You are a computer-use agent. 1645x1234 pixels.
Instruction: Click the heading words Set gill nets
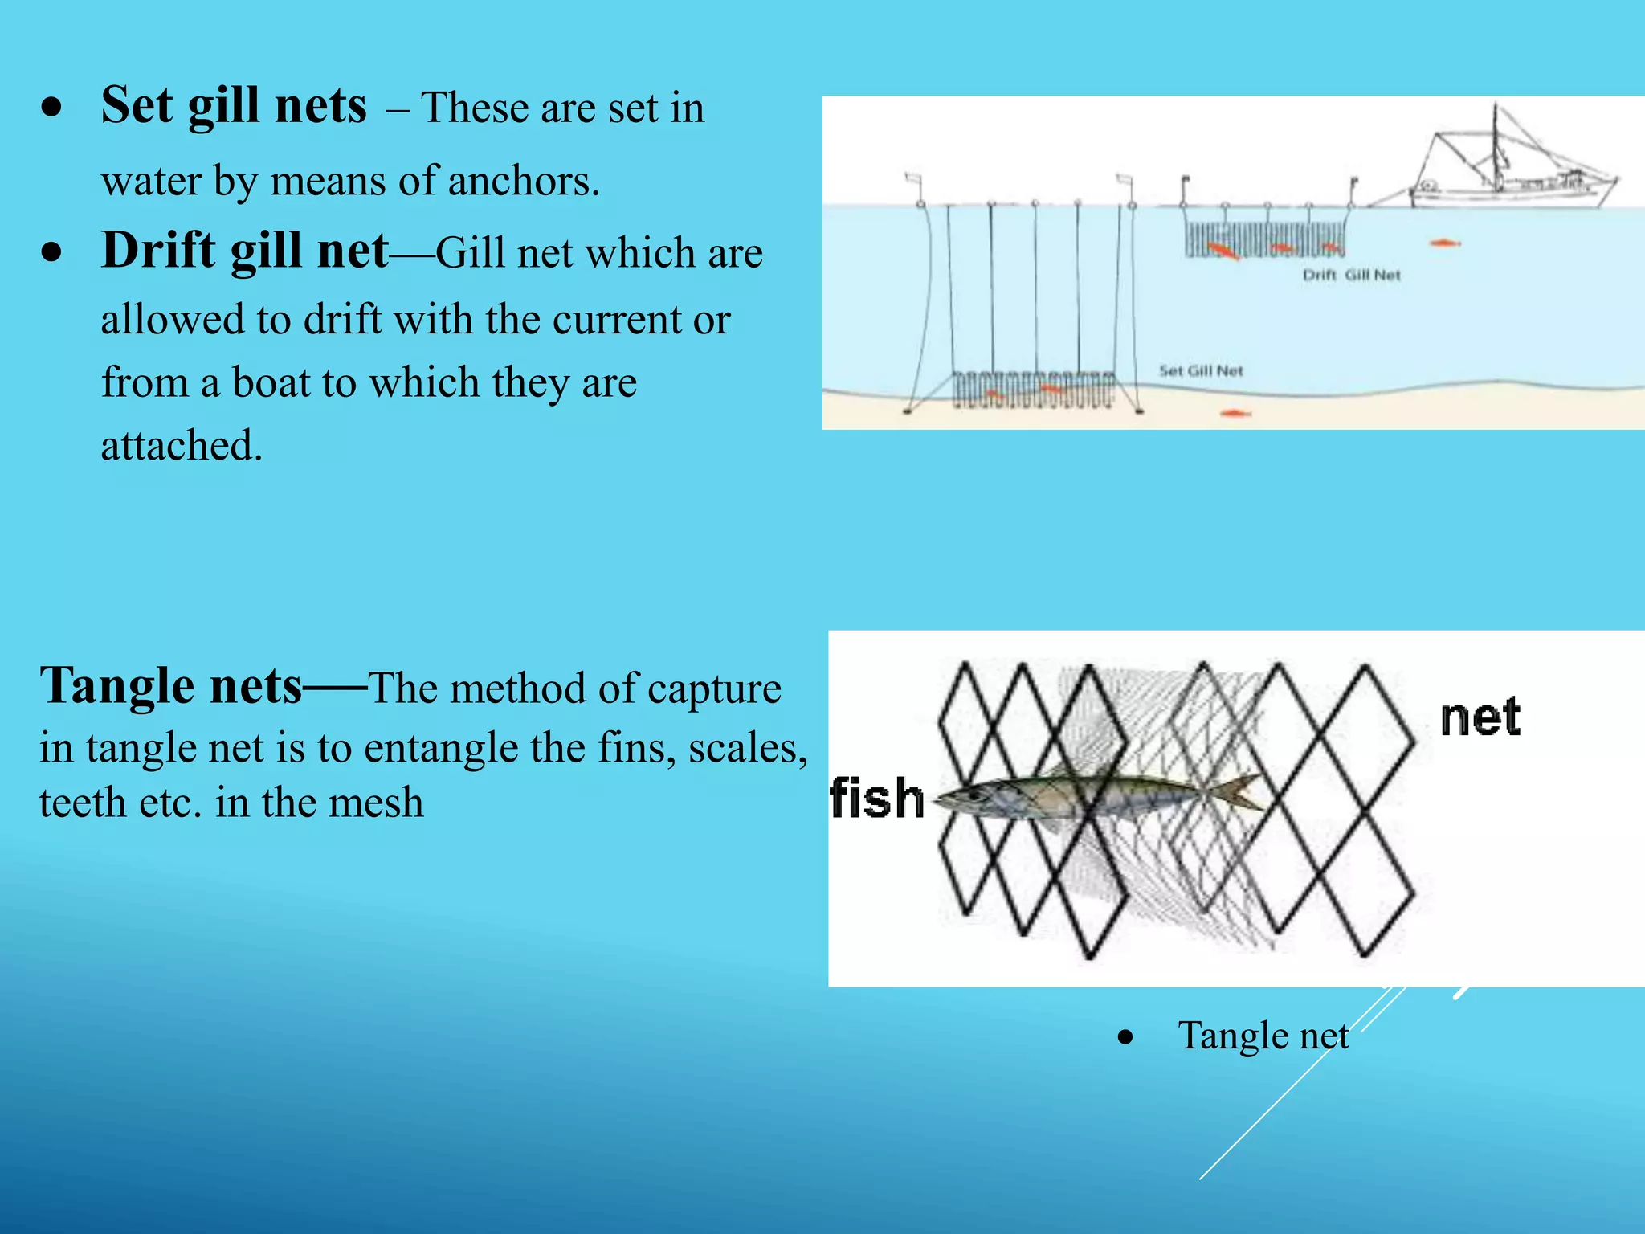pyautogui.click(x=234, y=105)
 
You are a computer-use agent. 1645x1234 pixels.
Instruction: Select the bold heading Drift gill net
pyautogui.click(x=245, y=250)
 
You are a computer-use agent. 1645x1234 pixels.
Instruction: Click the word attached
pyautogui.click(x=182, y=446)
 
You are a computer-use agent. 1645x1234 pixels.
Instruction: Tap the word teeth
pyautogui.click(x=82, y=803)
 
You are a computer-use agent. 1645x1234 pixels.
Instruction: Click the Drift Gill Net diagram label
pyautogui.click(x=1351, y=275)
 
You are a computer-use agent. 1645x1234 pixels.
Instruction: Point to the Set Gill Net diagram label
pyautogui.click(x=1201, y=371)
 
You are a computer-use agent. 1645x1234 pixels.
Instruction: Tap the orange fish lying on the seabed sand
pyautogui.click(x=1235, y=414)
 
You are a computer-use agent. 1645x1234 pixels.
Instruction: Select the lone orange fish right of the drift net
pyautogui.click(x=1443, y=243)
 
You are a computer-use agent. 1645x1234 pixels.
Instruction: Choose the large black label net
pyautogui.click(x=1480, y=717)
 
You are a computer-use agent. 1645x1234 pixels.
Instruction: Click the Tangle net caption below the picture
pyautogui.click(x=1263, y=1036)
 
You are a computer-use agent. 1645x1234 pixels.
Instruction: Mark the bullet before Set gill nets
pyautogui.click(x=53, y=107)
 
